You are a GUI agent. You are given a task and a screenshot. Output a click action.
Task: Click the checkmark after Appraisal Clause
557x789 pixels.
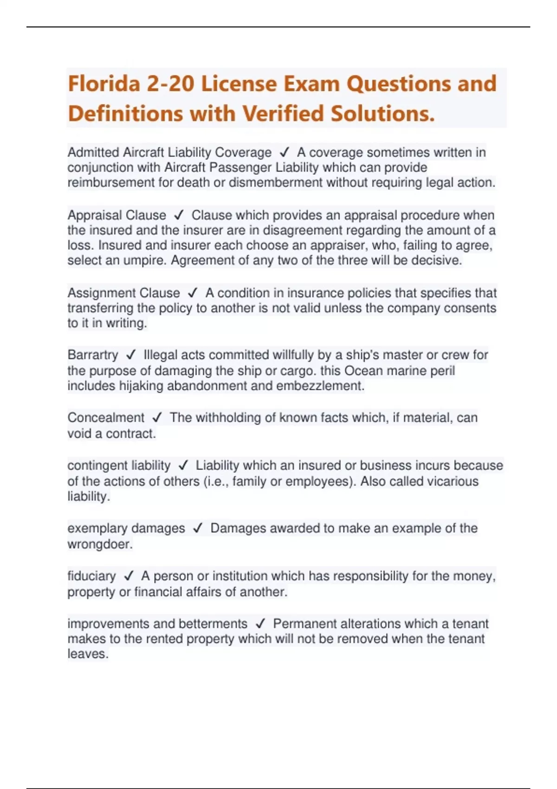179,215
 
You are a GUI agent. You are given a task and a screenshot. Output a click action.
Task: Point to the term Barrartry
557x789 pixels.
93,355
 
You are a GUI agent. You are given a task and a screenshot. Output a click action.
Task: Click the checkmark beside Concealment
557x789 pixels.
157,418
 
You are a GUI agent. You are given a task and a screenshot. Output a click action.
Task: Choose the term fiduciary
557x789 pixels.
91,576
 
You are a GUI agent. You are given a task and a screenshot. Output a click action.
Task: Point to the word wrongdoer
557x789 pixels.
100,544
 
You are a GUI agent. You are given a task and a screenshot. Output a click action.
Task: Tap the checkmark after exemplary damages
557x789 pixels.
198,528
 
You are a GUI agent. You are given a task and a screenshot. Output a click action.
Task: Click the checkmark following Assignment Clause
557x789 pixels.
193,293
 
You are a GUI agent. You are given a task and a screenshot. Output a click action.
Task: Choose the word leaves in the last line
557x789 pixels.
88,654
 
